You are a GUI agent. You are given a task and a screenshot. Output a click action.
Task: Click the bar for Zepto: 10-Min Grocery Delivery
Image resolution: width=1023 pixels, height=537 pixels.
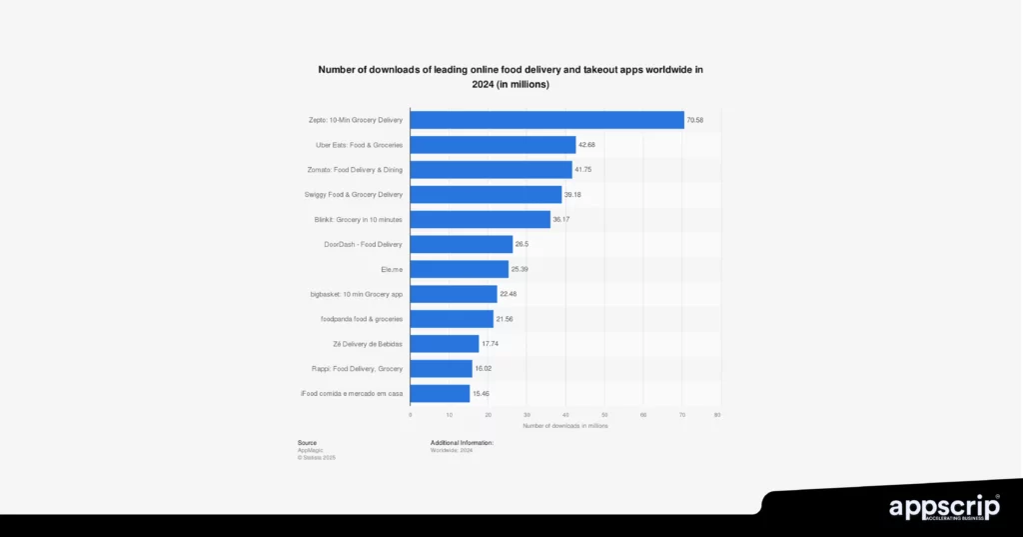tap(546, 120)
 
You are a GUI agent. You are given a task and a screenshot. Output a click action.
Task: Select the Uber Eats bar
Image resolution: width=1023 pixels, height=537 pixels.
tap(493, 145)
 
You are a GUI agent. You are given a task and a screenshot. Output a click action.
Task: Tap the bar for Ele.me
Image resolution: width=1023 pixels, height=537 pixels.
tap(459, 269)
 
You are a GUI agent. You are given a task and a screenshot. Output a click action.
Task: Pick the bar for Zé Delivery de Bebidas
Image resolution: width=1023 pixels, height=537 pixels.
tap(444, 344)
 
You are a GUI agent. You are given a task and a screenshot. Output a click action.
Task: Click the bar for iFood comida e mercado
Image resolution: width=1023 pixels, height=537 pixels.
tap(440, 394)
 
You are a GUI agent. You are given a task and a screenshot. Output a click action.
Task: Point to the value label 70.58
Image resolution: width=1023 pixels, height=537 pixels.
tap(695, 120)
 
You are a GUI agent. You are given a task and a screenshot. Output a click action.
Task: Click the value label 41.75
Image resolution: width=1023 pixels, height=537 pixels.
tap(585, 170)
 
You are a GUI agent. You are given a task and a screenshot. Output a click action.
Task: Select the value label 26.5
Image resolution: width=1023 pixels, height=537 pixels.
tap(522, 244)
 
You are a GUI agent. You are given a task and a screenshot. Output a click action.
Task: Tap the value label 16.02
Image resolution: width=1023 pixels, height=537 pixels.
tap(484, 369)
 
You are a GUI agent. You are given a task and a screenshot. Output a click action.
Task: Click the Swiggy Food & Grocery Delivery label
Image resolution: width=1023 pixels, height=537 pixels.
tap(353, 194)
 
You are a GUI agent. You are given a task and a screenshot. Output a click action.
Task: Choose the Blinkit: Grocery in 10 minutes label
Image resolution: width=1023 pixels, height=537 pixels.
tap(358, 219)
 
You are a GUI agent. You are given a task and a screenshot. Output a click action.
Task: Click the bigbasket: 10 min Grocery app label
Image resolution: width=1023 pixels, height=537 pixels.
tap(356, 294)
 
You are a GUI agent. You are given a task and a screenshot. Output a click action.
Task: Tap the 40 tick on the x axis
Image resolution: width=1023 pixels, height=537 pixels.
tap(565, 414)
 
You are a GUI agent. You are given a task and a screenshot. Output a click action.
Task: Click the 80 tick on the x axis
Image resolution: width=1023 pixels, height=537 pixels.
tap(717, 414)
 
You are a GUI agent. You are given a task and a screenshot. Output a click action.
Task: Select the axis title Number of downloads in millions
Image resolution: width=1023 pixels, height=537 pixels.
tap(564, 426)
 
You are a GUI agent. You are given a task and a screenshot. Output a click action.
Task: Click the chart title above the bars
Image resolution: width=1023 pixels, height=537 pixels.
tap(511, 77)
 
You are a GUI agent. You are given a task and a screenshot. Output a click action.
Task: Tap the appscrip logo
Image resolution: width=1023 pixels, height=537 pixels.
tap(944, 508)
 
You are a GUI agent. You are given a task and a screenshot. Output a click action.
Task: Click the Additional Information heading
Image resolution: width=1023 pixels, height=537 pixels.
tap(462, 442)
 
